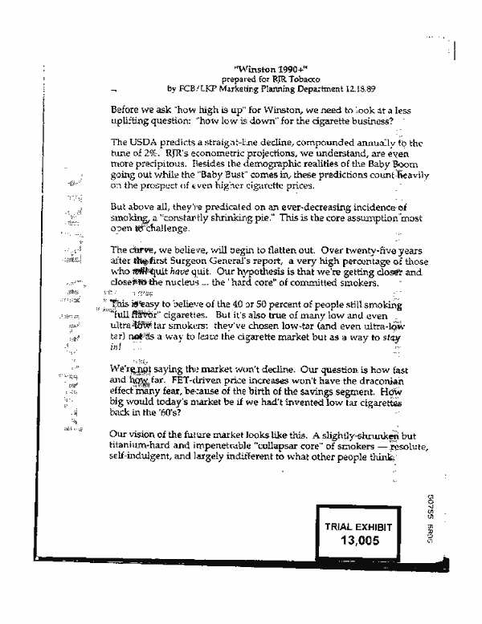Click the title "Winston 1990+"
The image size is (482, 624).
point(258,70)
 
